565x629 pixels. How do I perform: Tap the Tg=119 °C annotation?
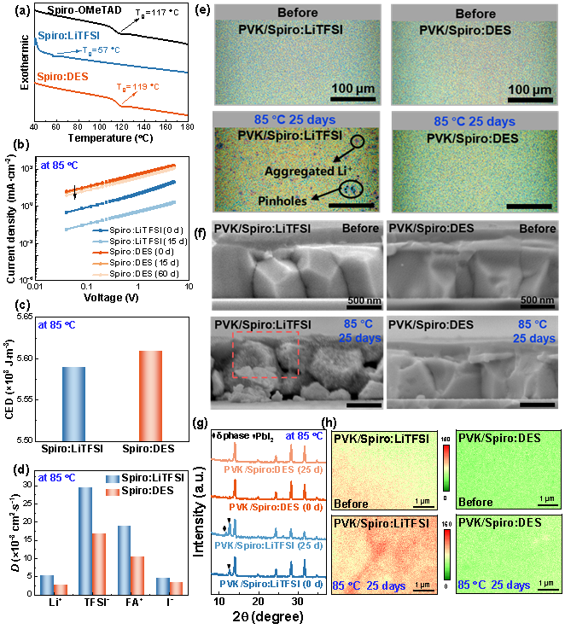pos(138,87)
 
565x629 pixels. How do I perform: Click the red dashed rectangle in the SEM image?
pos(265,354)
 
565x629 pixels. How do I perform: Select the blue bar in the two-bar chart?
pos(73,403)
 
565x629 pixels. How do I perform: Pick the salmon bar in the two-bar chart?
pos(150,395)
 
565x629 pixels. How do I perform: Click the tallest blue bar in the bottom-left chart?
pos(85,540)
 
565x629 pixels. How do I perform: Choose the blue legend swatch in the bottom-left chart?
pos(113,480)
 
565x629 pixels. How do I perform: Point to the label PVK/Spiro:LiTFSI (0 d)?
pos(269,585)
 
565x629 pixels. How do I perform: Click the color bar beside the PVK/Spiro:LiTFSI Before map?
pos(445,467)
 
